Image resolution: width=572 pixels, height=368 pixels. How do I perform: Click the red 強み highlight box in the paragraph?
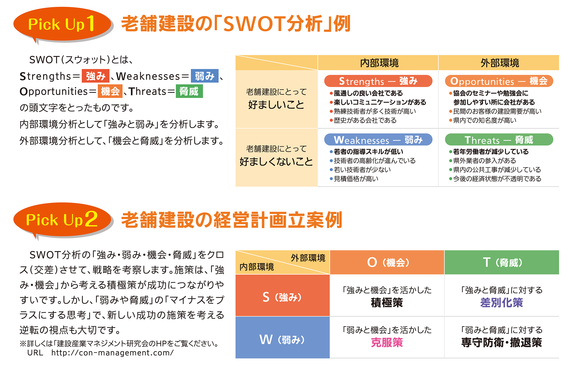tap(95, 76)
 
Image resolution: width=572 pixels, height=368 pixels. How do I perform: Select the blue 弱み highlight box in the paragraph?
tap(205, 76)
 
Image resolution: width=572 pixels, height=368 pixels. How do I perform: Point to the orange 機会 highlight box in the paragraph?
tap(110, 91)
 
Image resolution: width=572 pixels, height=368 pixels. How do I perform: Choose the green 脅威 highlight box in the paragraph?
tap(189, 91)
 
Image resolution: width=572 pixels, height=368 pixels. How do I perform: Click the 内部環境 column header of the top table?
tap(378, 63)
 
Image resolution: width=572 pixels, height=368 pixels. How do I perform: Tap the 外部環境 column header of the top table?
tap(499, 63)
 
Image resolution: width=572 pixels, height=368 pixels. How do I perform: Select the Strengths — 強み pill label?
tap(378, 81)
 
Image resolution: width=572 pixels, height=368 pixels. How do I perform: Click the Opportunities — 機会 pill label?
tap(499, 81)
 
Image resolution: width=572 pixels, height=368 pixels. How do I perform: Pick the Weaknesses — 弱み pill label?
tap(378, 140)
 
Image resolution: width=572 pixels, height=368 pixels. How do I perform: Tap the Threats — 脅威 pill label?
tap(499, 140)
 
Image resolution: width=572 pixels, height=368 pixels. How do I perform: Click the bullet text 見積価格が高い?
tap(356, 179)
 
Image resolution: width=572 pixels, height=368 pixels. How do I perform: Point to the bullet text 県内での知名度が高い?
tap(485, 120)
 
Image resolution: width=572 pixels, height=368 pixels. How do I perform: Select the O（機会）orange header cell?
tap(387, 262)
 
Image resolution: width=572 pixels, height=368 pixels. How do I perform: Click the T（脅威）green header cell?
tap(502, 262)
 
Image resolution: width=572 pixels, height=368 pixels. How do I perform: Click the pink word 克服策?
tap(387, 343)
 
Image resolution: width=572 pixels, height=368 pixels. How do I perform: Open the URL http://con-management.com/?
tap(112, 353)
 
